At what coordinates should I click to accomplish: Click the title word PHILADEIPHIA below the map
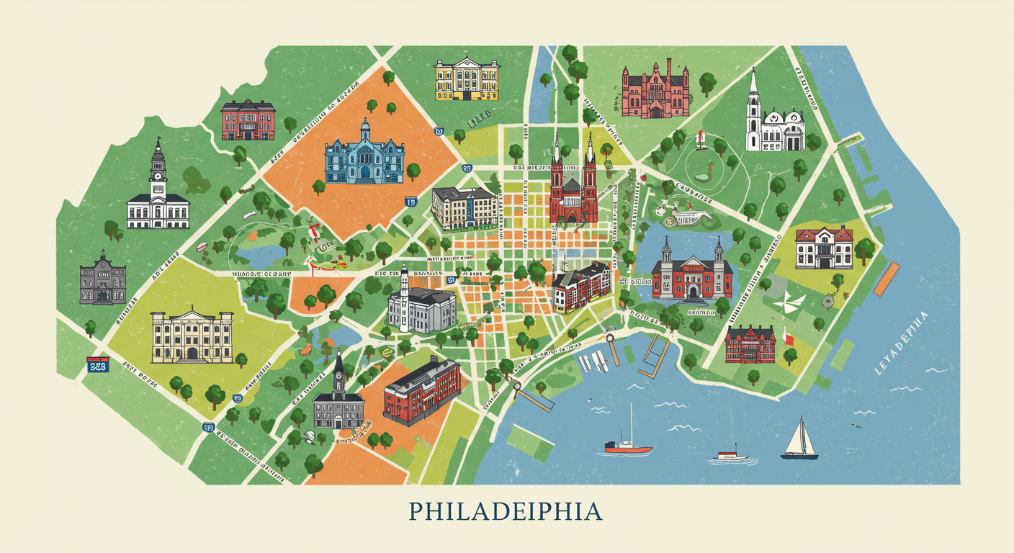(x=506, y=511)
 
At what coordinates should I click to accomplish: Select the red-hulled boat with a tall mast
(x=628, y=445)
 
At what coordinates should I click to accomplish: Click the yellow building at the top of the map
(x=467, y=79)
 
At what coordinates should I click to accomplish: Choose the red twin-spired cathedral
(x=573, y=184)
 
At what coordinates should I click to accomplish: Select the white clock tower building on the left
(x=158, y=194)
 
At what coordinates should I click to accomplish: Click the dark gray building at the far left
(x=103, y=279)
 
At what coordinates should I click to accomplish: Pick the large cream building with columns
(x=192, y=336)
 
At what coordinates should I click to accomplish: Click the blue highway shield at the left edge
(x=97, y=364)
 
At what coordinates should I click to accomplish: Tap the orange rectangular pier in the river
(x=886, y=279)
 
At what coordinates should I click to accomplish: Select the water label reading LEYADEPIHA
(x=900, y=343)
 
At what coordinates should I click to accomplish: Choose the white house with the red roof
(x=824, y=247)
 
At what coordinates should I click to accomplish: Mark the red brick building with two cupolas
(x=691, y=271)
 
